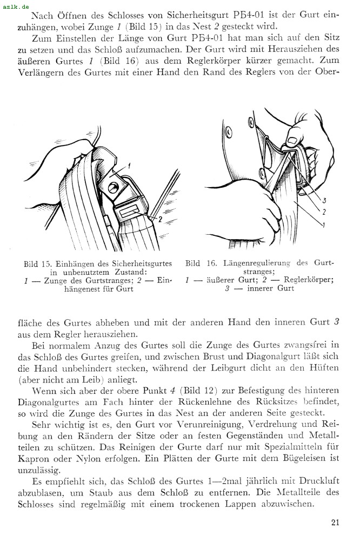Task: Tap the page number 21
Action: [335, 522]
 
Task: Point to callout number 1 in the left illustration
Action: [130, 167]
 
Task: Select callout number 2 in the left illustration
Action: [160, 219]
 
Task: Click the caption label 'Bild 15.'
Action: [38, 264]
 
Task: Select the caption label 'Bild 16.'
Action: [200, 263]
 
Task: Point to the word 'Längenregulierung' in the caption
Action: [256, 263]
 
